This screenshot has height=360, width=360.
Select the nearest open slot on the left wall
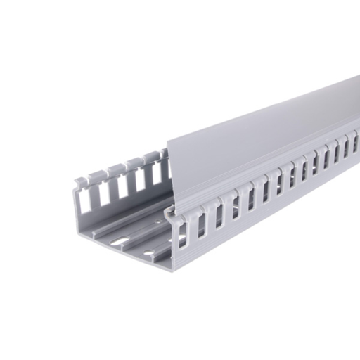click(85, 201)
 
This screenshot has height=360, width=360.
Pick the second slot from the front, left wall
click(105, 193)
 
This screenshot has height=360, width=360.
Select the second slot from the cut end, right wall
click(202, 224)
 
